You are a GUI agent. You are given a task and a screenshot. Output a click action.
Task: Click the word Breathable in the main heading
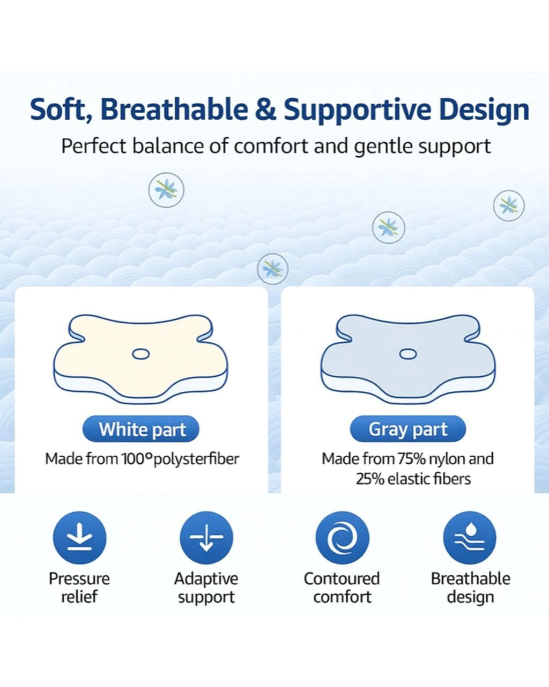[174, 109]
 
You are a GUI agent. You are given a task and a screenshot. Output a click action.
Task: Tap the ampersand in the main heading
[265, 109]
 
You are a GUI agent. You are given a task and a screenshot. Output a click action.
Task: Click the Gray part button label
[408, 429]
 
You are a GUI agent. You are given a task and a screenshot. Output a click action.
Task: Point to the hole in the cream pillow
[140, 354]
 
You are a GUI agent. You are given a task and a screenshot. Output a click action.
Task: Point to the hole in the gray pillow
[408, 354]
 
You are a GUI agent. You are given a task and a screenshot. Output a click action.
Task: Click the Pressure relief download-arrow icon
[79, 538]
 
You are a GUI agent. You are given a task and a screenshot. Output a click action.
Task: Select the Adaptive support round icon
[206, 538]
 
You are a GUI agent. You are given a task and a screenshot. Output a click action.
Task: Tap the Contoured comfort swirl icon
[342, 538]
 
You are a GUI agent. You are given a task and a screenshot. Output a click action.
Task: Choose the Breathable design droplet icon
[470, 538]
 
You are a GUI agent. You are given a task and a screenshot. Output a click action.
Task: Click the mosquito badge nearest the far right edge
[509, 206]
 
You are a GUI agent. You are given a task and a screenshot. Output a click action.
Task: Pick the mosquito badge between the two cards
[272, 269]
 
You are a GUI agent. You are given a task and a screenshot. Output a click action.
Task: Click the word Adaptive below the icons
[206, 579]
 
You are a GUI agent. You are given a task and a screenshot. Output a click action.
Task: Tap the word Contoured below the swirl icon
[342, 579]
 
